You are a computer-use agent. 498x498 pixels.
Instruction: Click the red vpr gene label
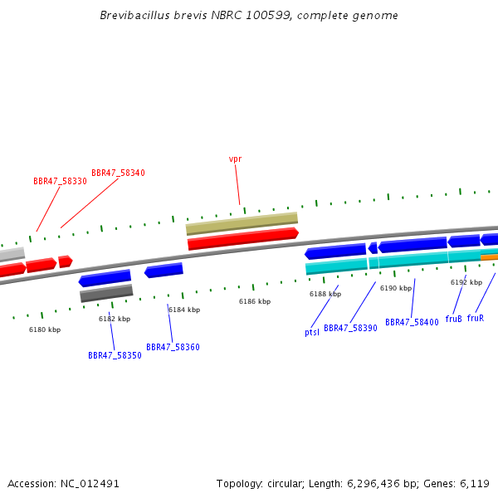[x=236, y=159]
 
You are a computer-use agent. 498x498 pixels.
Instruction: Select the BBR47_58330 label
[x=60, y=181]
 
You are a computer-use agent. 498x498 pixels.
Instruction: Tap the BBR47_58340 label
[x=118, y=173]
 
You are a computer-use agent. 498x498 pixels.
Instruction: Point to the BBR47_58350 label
[x=115, y=355]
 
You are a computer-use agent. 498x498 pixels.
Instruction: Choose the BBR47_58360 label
[x=173, y=347]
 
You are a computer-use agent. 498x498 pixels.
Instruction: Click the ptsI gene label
[x=312, y=332]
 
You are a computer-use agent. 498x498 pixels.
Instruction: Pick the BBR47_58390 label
[x=350, y=328]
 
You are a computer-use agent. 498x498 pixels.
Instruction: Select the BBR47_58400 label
[x=412, y=322]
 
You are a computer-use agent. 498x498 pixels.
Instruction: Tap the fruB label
[x=453, y=319]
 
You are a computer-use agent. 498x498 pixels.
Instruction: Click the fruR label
[x=476, y=318]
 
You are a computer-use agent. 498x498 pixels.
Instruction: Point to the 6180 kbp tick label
[x=45, y=330]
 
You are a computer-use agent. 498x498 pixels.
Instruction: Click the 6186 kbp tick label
[x=255, y=301]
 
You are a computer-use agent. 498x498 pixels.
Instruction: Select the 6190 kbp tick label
[x=396, y=288]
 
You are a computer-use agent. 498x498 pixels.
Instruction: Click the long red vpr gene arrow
[x=243, y=239]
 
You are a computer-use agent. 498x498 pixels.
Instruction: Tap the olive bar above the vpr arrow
[x=242, y=223]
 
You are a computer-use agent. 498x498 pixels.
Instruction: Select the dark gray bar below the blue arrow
[x=106, y=293]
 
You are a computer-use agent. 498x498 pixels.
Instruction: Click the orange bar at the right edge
[x=490, y=257]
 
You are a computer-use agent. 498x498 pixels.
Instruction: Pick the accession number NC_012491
[x=90, y=484]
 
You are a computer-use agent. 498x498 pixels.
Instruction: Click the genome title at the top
[x=249, y=15]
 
